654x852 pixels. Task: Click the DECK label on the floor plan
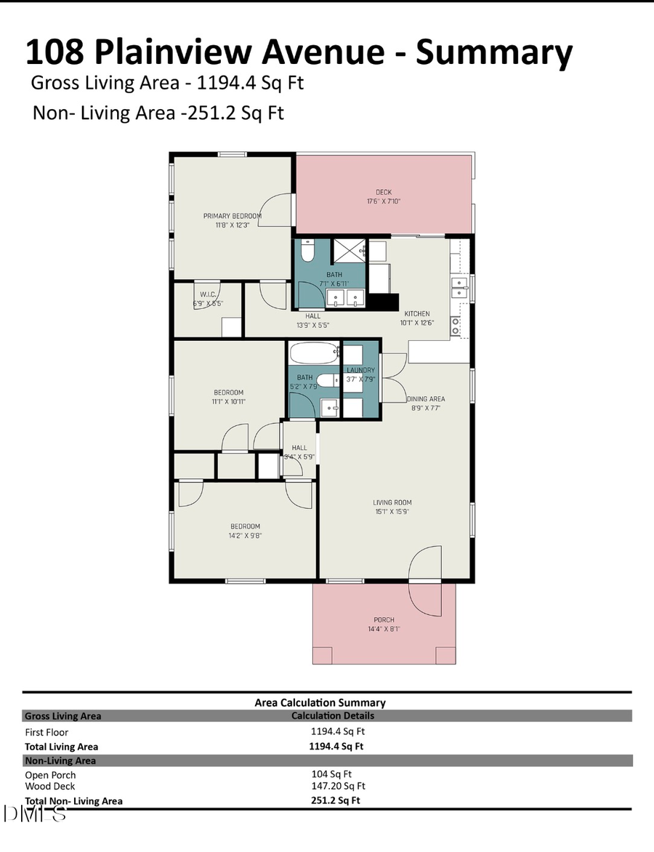click(x=384, y=192)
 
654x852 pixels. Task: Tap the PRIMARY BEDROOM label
click(x=232, y=216)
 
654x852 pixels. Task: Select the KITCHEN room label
click(x=416, y=313)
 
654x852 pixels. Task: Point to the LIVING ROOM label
click(x=392, y=502)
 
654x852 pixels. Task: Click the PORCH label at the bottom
click(x=384, y=620)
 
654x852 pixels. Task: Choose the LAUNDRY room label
click(x=360, y=370)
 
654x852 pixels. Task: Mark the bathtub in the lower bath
click(x=314, y=353)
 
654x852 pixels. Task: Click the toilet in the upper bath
click(x=307, y=252)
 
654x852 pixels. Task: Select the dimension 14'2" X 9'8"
click(x=245, y=536)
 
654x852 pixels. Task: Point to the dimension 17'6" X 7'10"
click(x=384, y=201)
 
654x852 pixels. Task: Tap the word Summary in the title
click(x=494, y=52)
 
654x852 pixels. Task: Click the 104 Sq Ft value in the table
click(x=331, y=774)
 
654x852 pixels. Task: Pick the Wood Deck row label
click(x=50, y=786)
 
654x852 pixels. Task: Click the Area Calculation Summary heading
click(x=320, y=702)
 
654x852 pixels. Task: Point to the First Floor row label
click(x=47, y=732)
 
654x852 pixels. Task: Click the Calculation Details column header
click(x=333, y=715)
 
